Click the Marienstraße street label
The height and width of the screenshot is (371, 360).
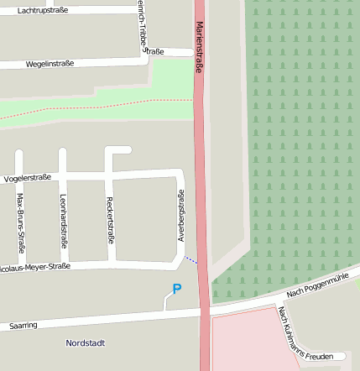click(200, 48)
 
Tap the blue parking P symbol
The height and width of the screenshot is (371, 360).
click(176, 290)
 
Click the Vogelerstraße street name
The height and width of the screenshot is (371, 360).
click(28, 178)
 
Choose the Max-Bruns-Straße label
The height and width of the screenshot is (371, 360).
click(20, 223)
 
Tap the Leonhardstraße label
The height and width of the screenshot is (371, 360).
click(63, 216)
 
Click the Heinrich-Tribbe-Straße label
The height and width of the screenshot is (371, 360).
click(143, 29)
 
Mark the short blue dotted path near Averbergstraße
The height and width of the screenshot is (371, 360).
click(192, 260)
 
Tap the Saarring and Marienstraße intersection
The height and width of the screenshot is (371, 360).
click(205, 312)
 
